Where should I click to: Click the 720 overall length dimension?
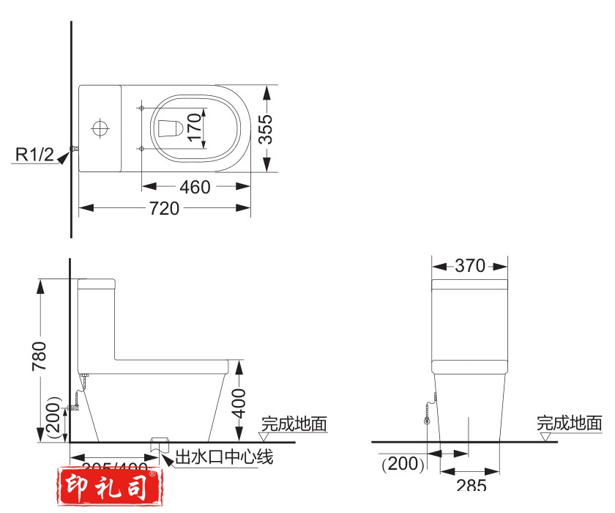[164, 208]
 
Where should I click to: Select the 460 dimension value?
[195, 187]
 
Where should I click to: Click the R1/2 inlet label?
[35, 154]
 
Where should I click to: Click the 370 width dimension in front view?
[470, 265]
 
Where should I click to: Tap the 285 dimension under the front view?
[470, 485]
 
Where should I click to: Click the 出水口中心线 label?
[224, 459]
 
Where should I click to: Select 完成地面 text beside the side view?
[294, 424]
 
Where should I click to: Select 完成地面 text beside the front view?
[570, 423]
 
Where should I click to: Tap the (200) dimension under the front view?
[403, 463]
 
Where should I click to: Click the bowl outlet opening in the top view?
[170, 128]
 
